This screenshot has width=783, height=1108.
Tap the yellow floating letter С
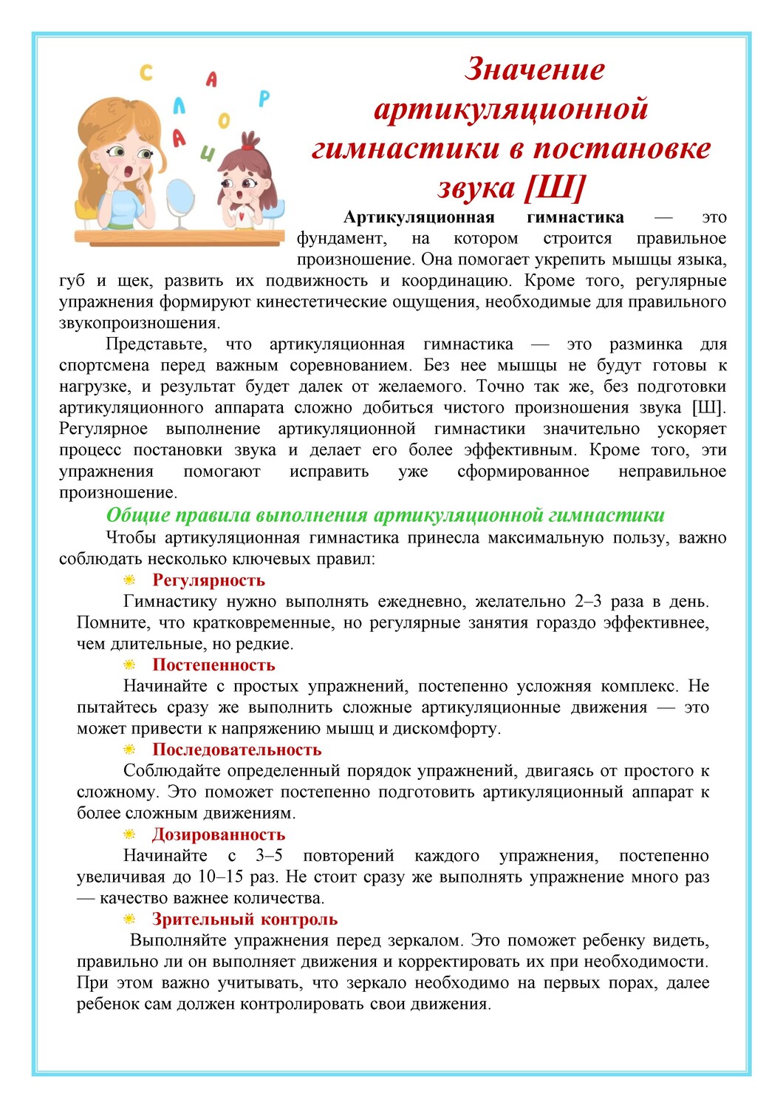click(x=146, y=72)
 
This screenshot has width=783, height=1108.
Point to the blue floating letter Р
click(x=264, y=98)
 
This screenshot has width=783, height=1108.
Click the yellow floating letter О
click(x=223, y=120)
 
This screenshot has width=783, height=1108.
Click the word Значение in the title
click(x=535, y=69)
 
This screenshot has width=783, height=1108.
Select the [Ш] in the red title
click(x=554, y=187)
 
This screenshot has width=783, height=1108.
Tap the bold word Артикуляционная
click(x=419, y=217)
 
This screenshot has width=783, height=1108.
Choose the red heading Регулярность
click(x=208, y=580)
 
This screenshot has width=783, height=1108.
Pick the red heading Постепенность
click(x=213, y=665)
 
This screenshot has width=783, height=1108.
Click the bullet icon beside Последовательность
click(x=129, y=750)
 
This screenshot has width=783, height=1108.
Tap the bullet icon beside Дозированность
click(x=129, y=835)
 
